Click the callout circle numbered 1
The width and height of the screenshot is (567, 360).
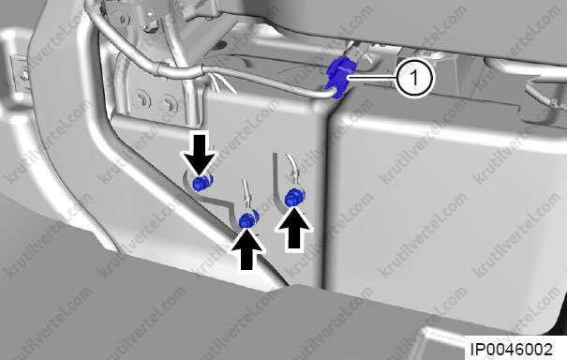pyautogui.click(x=414, y=79)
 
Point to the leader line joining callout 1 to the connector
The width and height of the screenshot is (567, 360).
pyautogui.click(x=373, y=78)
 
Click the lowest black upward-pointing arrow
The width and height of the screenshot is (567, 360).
pyautogui.click(x=247, y=248)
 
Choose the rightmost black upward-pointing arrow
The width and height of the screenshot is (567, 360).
pyautogui.click(x=294, y=228)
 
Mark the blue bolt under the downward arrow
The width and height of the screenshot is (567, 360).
pyautogui.click(x=201, y=183)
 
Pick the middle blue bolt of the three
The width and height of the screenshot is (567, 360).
pyautogui.click(x=249, y=218)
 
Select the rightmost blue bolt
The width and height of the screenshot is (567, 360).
pyautogui.click(x=294, y=198)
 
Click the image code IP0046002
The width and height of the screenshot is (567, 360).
pyautogui.click(x=512, y=349)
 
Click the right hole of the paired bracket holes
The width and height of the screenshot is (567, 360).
pyautogui.click(x=170, y=102)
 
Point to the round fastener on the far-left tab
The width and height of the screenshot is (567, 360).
pyautogui.click(x=24, y=76)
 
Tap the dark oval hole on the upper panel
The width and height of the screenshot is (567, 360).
pyautogui.click(x=221, y=45)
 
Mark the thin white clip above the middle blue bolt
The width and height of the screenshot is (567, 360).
pyautogui.click(x=247, y=195)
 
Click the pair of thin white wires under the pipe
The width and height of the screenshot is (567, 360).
pyautogui.click(x=221, y=83)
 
